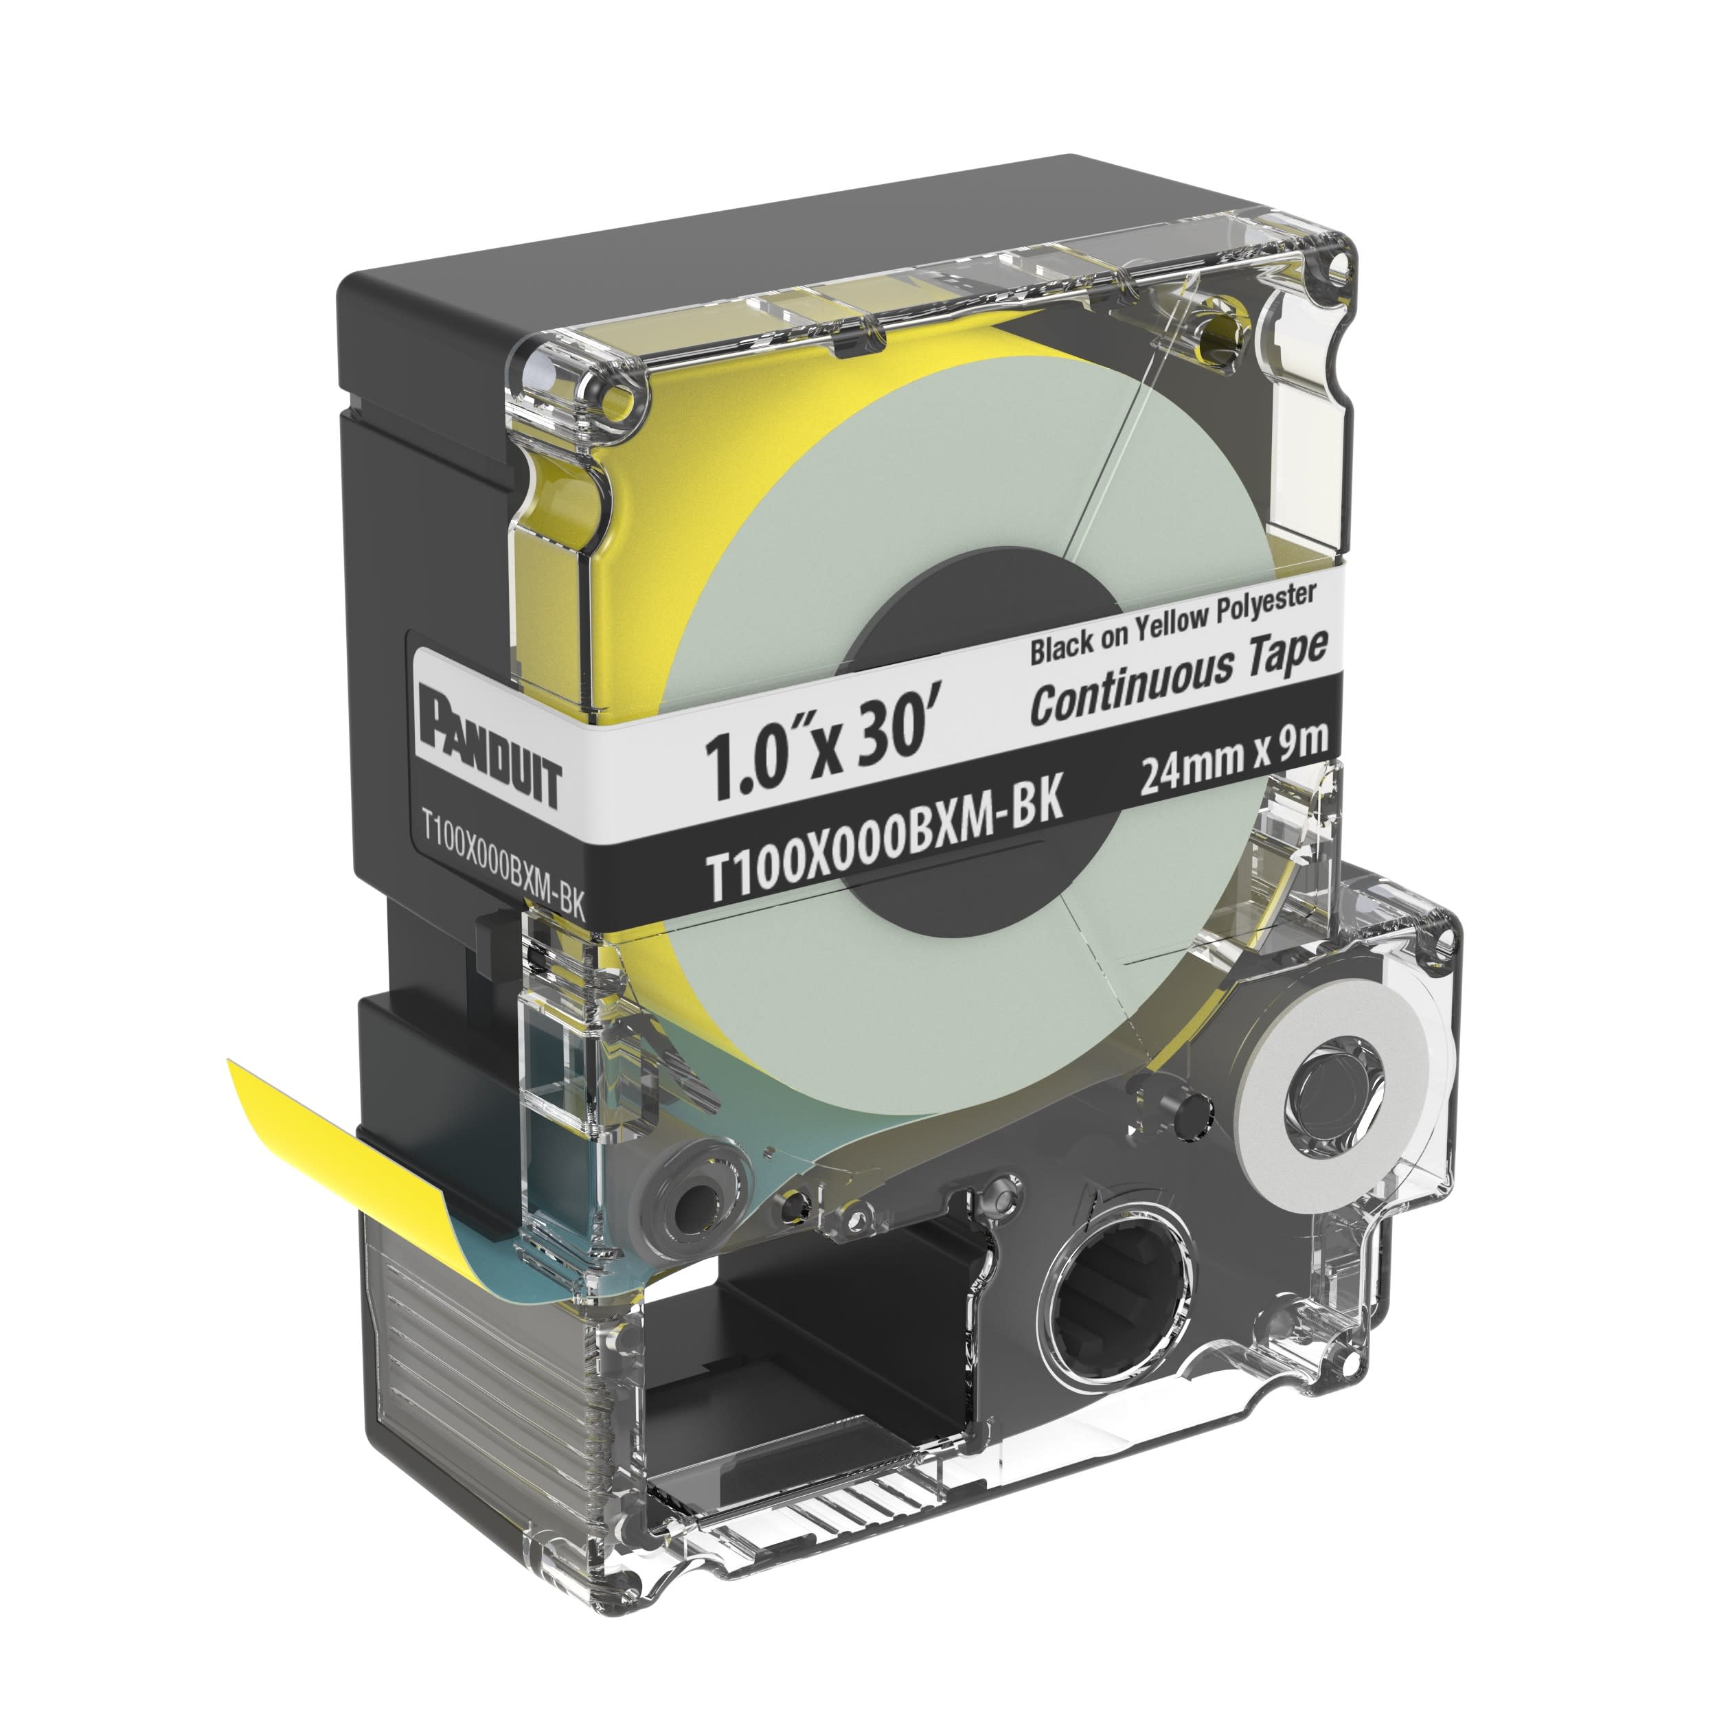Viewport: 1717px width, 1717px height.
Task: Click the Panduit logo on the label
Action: (x=492, y=747)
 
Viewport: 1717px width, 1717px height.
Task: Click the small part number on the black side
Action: (x=503, y=865)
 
